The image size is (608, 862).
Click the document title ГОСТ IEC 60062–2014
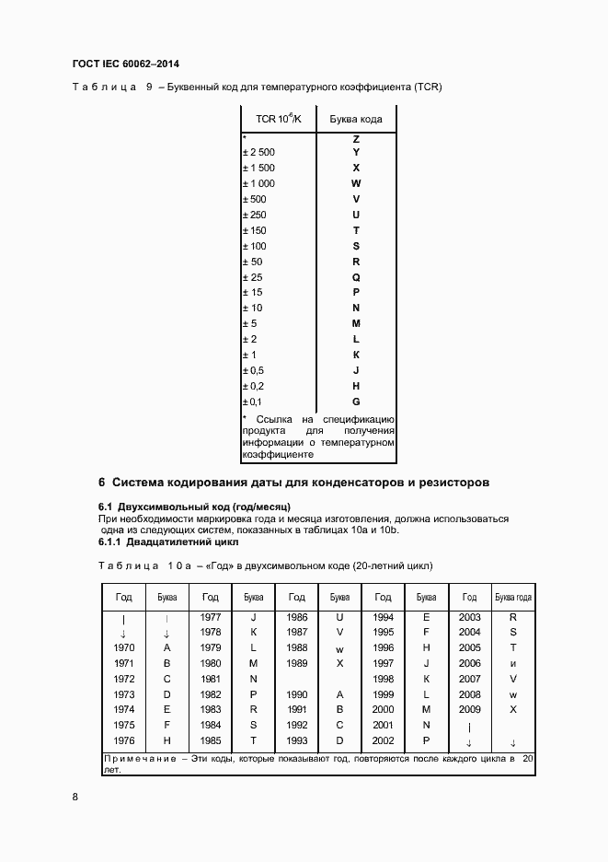pyautogui.click(x=125, y=64)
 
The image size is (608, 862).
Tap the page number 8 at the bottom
pyautogui.click(x=75, y=797)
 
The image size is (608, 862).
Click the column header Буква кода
pyautogui.click(x=356, y=119)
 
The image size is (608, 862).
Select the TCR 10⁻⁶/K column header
pyautogui.click(x=278, y=119)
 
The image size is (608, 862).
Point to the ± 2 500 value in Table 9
pyautogui.click(x=258, y=152)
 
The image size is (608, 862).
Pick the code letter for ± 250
pyautogui.click(x=356, y=215)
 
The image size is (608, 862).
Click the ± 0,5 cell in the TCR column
pyautogui.click(x=253, y=371)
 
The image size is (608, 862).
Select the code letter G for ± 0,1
pyautogui.click(x=356, y=402)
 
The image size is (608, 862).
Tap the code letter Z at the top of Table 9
pyautogui.click(x=356, y=137)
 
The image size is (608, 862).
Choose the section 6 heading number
pyautogui.click(x=102, y=482)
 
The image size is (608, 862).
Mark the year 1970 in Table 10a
pyautogui.click(x=123, y=647)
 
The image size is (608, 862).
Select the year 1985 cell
pyautogui.click(x=210, y=740)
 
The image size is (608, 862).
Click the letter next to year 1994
pyautogui.click(x=427, y=617)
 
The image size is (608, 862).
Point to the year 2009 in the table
pyautogui.click(x=469, y=709)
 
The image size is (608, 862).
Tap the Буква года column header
pyautogui.click(x=513, y=597)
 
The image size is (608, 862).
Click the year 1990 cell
pyautogui.click(x=297, y=693)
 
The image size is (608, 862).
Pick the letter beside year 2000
pyautogui.click(x=427, y=709)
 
